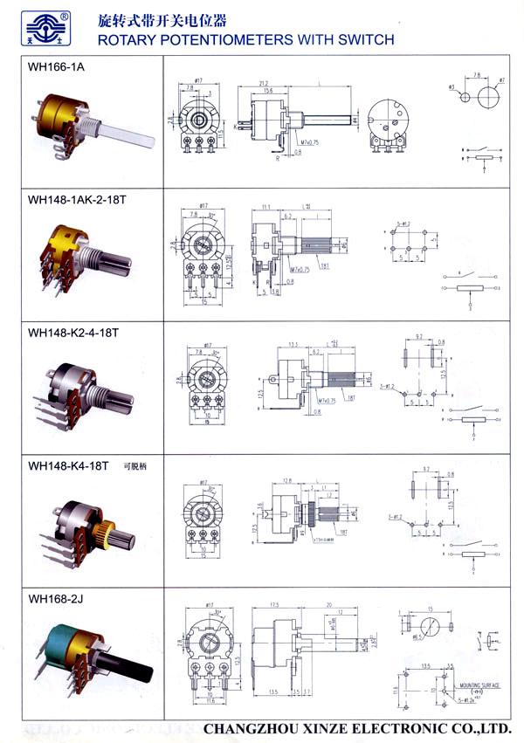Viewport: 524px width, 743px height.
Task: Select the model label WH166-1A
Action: click(52, 67)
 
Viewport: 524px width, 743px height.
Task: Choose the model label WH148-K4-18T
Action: click(68, 465)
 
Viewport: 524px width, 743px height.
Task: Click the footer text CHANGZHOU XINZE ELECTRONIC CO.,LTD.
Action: click(356, 727)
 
